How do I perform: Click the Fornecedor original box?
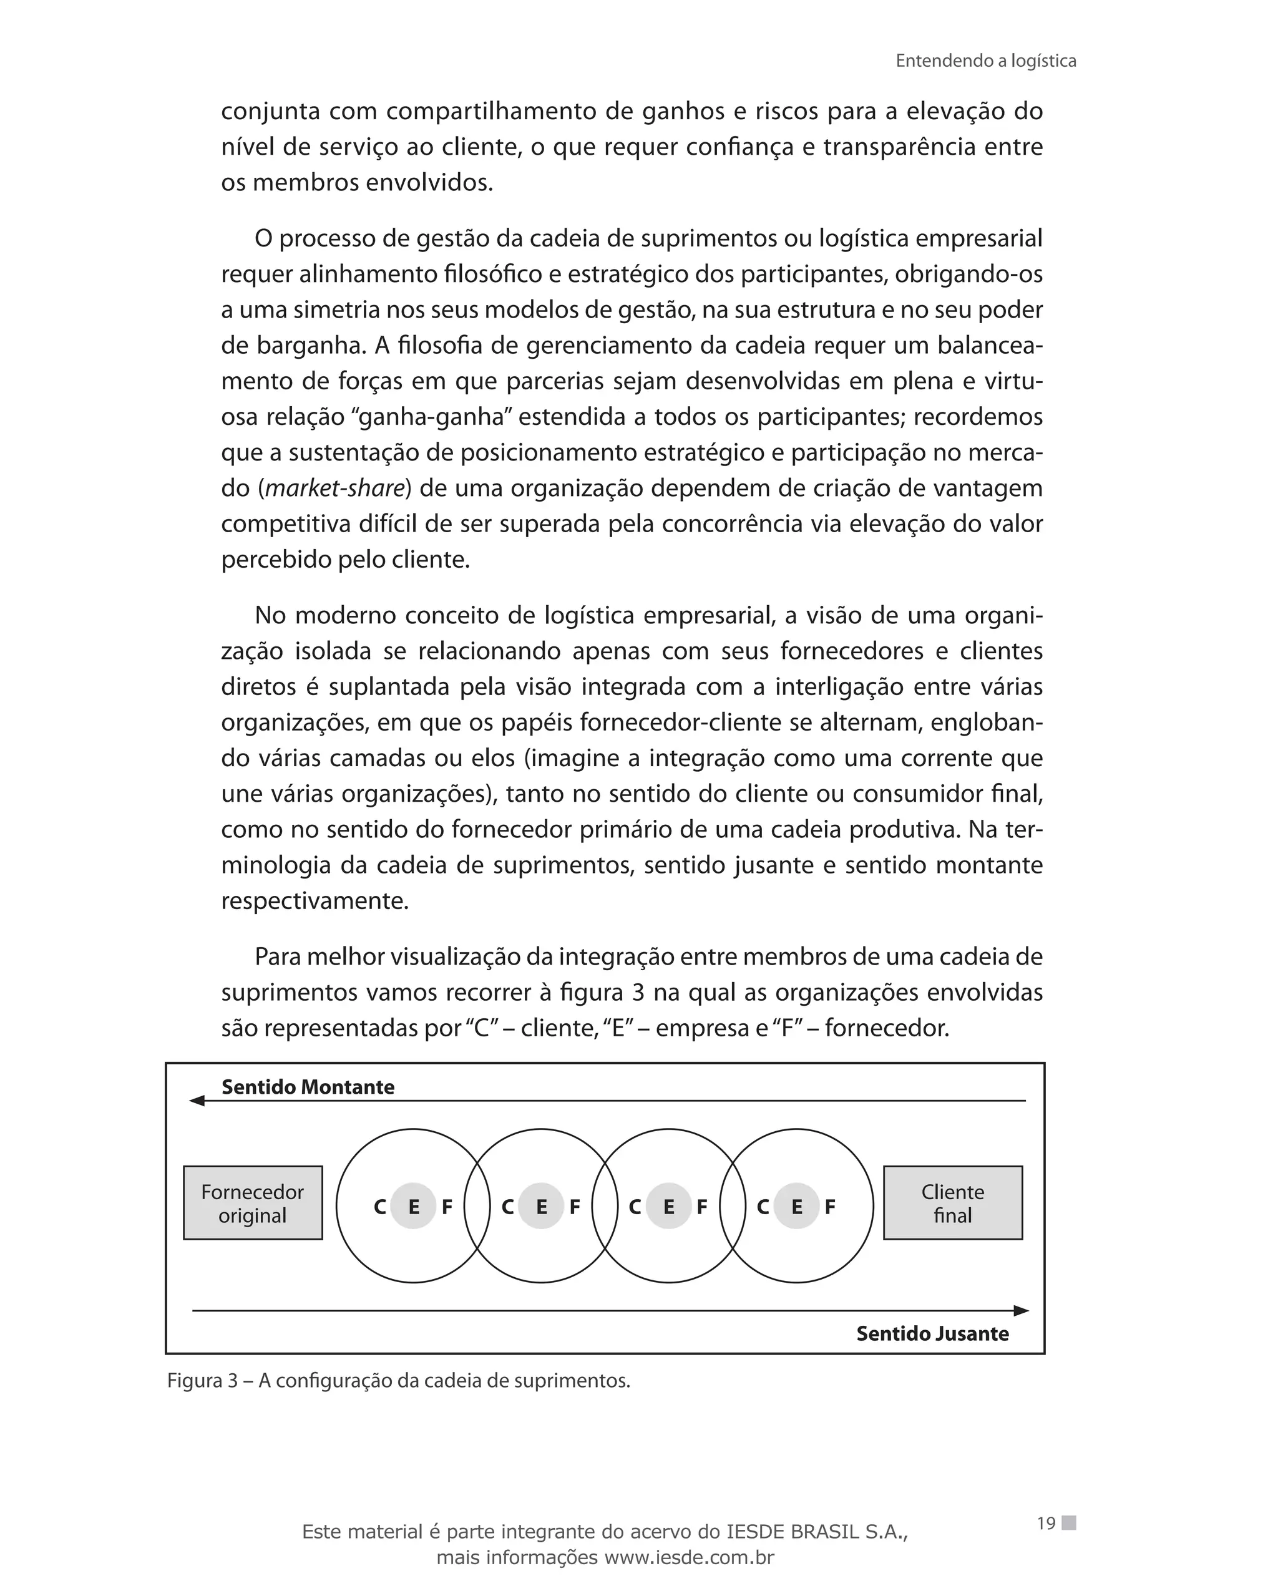coord(253,1204)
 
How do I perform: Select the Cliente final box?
coord(953,1204)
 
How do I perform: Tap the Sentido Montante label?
coord(308,1087)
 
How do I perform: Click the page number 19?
coord(1046,1524)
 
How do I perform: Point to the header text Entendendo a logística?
coord(986,61)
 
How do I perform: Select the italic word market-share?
coord(335,488)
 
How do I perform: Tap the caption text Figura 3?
coord(202,1381)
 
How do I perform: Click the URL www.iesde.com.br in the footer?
coord(688,1557)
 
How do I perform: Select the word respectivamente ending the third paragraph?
coord(315,901)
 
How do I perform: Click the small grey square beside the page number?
coord(1069,1523)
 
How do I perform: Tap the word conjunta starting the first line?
coord(270,112)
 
